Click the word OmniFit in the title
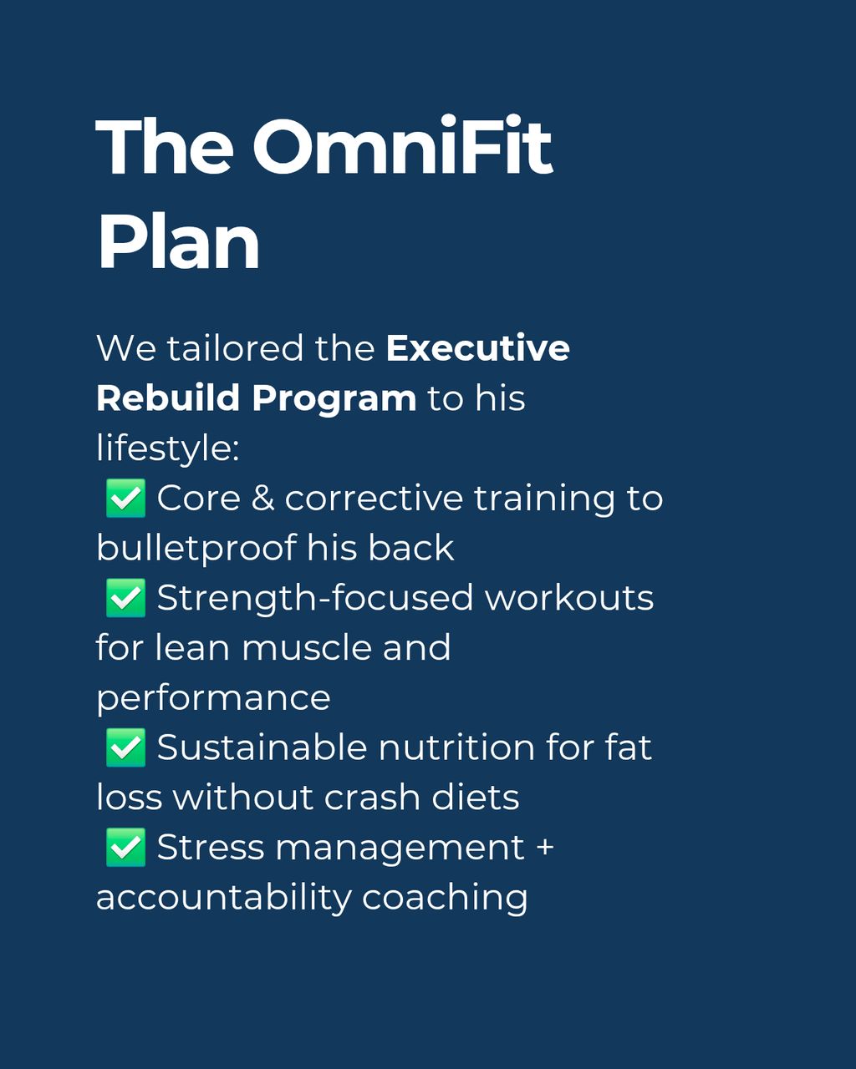coord(403,146)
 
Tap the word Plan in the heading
coord(178,242)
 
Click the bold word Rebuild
coord(168,398)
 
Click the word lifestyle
coord(168,448)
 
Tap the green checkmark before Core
coord(125,498)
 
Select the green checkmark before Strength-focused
coord(125,598)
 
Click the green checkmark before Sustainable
coord(125,747)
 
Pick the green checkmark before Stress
coord(125,848)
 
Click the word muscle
coord(307,647)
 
